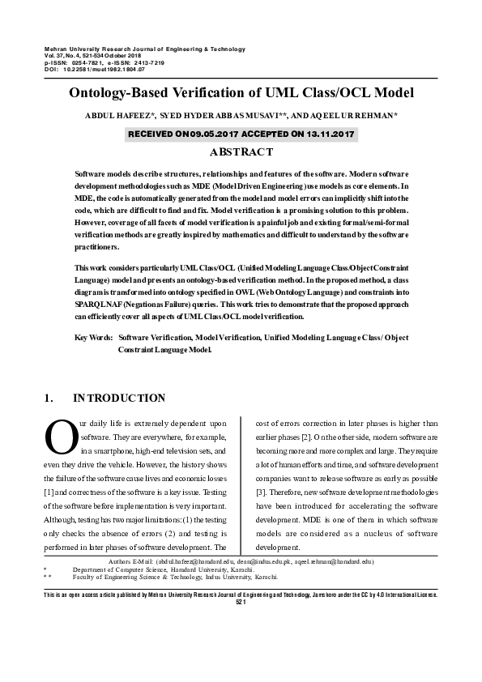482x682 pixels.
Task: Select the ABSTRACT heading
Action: tap(241, 151)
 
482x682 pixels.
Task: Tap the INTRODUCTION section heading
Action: tap(119, 398)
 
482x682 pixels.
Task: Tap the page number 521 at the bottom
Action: tap(241, 603)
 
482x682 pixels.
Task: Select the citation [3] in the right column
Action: tap(261, 492)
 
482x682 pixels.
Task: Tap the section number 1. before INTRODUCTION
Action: tap(48, 398)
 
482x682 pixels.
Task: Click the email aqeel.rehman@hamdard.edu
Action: tap(333, 561)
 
